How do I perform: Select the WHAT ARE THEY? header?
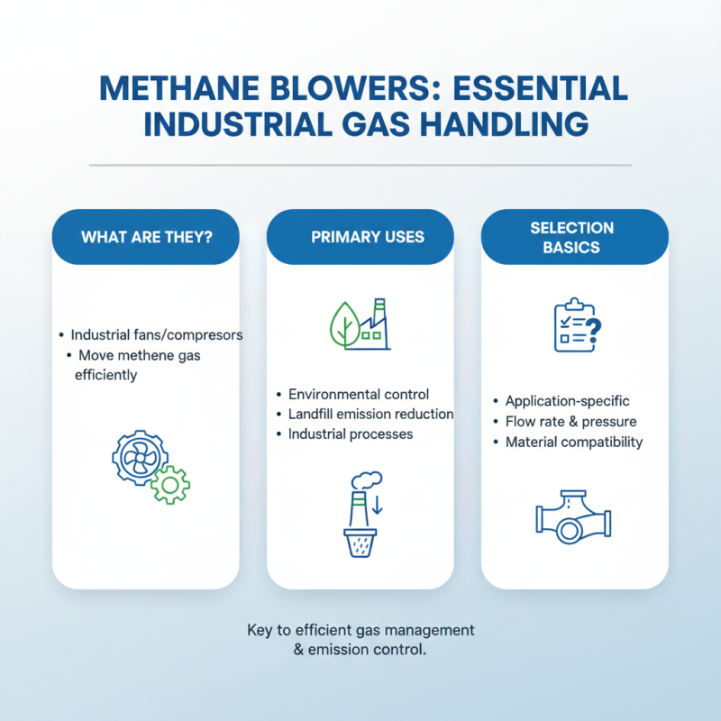[x=147, y=238]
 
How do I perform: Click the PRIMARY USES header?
[x=360, y=238]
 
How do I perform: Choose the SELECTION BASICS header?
[x=574, y=237]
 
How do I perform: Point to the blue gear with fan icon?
[x=137, y=457]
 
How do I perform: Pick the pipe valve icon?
[x=571, y=520]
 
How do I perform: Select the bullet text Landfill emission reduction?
[x=370, y=415]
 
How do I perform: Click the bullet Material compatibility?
[x=574, y=442]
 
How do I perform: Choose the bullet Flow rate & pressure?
[x=570, y=422]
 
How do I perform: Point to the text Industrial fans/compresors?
[x=157, y=334]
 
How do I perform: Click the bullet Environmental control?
[x=359, y=395]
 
